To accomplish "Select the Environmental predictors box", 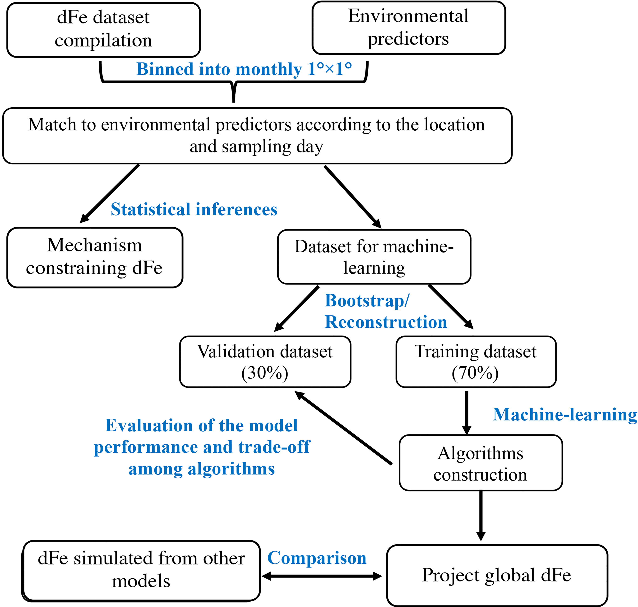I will pyautogui.click(x=408, y=28).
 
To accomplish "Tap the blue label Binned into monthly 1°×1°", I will pyautogui.click(x=244, y=69).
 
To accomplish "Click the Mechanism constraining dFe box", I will pyautogui.click(x=95, y=257).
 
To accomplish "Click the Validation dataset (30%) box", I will pyautogui.click(x=265, y=362).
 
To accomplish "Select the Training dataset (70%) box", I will pyautogui.click(x=476, y=362).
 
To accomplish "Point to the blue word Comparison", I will pyautogui.click(x=317, y=558).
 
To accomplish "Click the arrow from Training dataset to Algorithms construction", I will pyautogui.click(x=466, y=413).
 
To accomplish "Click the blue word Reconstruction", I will pyautogui.click(x=386, y=322).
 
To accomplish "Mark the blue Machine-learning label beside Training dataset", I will pyautogui.click(x=565, y=414).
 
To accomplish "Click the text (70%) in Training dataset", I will pyautogui.click(x=475, y=373).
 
